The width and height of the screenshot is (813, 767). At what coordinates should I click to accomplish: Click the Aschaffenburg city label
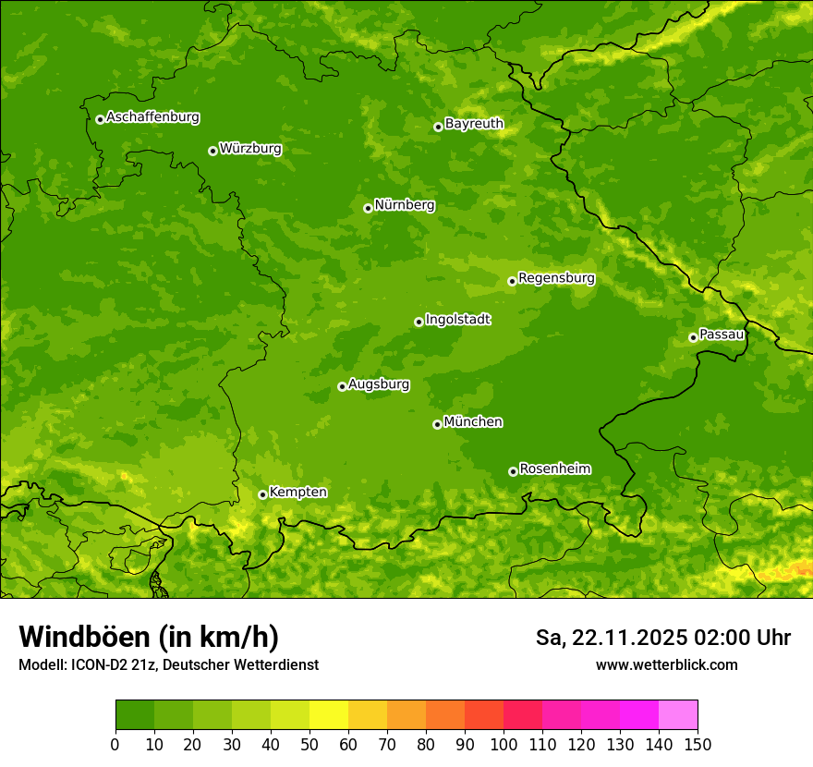click(x=152, y=117)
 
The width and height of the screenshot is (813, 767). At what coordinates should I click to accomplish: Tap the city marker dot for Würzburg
click(x=212, y=151)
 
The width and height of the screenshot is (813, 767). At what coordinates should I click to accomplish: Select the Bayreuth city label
click(x=474, y=124)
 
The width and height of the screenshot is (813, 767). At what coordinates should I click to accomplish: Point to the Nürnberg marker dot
click(x=368, y=208)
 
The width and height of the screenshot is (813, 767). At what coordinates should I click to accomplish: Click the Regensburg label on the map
click(x=556, y=278)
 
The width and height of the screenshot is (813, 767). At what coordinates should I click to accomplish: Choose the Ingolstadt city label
click(x=457, y=320)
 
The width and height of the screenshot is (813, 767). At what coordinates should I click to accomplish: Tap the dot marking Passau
click(x=693, y=337)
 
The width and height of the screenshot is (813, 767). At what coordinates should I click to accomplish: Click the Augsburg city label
click(x=379, y=384)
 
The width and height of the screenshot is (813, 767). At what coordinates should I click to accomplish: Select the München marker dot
click(x=437, y=424)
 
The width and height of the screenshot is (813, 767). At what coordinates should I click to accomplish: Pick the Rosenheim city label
click(x=554, y=469)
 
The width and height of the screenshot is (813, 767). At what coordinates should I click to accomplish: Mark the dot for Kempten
click(x=262, y=494)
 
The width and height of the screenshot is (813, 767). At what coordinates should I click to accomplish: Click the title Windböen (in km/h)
click(x=148, y=637)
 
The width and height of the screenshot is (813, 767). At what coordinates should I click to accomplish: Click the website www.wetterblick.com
click(x=666, y=664)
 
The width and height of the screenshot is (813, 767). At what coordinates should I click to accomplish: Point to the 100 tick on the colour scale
click(x=504, y=743)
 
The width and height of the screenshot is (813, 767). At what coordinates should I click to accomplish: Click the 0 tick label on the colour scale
click(x=115, y=743)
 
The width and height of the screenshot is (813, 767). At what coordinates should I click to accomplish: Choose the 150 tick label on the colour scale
click(x=698, y=743)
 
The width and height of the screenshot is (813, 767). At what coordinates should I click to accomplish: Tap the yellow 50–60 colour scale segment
click(x=329, y=714)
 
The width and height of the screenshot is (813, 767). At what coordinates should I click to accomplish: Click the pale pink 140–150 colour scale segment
click(x=678, y=714)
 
